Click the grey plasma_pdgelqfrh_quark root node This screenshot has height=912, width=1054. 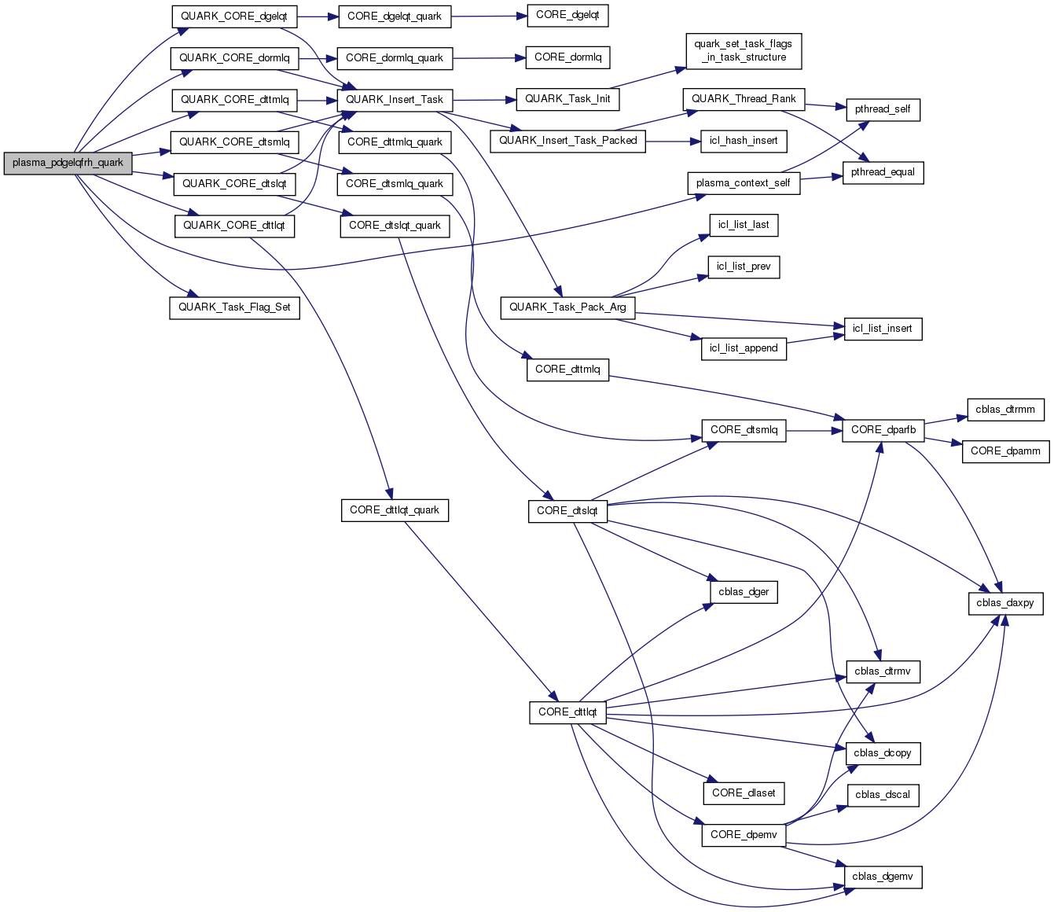coord(68,163)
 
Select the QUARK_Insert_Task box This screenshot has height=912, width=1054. coord(395,100)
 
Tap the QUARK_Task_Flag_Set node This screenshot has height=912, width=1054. coord(234,307)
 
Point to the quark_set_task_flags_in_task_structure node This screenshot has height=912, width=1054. coord(743,51)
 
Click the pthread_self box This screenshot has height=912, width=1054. coord(883,109)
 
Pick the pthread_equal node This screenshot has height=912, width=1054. coord(883,172)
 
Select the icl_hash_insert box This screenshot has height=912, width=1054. coord(744,141)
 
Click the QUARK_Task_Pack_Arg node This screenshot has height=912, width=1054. coord(567,307)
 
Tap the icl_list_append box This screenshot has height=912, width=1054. coord(744,348)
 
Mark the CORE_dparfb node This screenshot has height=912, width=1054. coord(883,430)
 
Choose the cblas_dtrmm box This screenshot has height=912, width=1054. coord(1005,410)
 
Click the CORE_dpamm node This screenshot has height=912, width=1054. coord(1005,451)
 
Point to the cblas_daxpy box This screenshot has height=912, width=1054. coord(1005,603)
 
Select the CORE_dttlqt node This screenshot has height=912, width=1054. coord(567,712)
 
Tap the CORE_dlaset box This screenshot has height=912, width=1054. coord(744,793)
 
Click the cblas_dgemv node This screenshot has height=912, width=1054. coord(883,877)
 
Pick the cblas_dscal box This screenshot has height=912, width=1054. coord(883,795)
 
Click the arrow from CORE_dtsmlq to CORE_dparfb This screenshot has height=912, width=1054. coord(813,430)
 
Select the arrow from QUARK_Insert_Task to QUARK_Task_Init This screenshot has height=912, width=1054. coord(484,100)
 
